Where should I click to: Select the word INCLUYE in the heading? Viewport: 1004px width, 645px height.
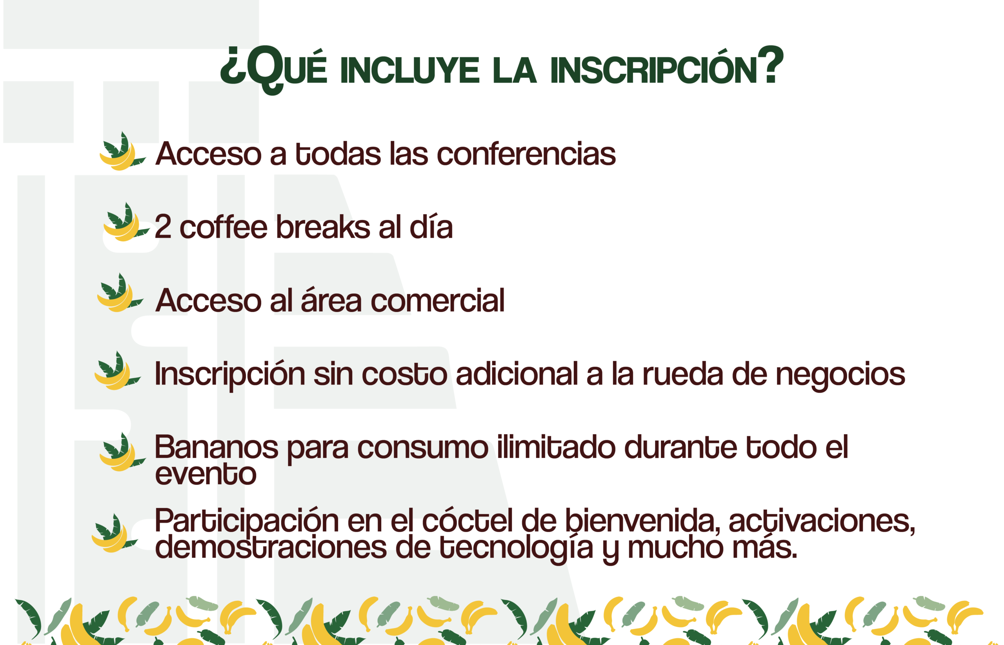click(410, 70)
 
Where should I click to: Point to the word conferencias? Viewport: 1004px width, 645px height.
click(526, 154)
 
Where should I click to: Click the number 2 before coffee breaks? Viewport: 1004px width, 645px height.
click(163, 227)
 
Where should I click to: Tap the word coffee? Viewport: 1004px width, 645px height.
click(224, 227)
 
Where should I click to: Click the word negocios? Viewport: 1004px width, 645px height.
click(840, 376)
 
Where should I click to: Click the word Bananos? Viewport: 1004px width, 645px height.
click(216, 447)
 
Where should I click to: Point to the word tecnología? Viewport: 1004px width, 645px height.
click(516, 548)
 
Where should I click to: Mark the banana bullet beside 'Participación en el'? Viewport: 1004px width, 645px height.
click(115, 533)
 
